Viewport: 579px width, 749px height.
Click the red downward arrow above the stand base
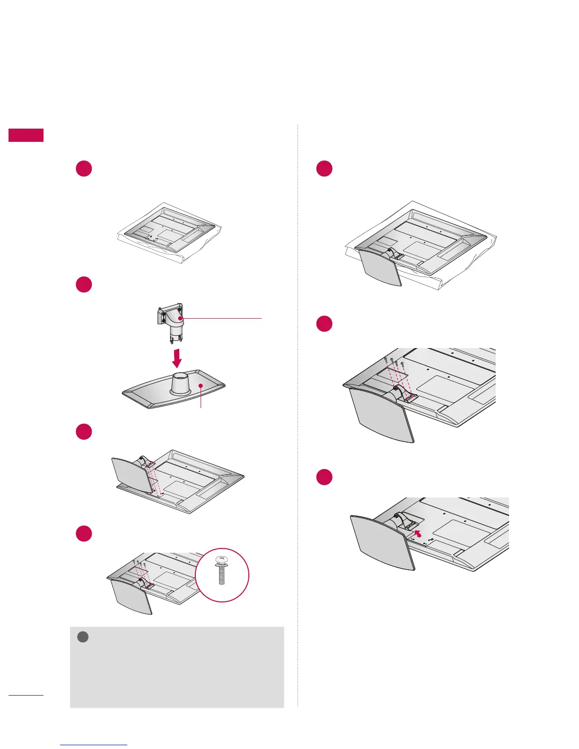pyautogui.click(x=176, y=358)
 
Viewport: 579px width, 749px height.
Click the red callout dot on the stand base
pyautogui.click(x=201, y=386)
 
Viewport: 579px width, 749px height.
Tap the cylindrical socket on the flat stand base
pyautogui.click(x=180, y=383)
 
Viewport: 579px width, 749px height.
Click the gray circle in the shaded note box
pyautogui.click(x=83, y=637)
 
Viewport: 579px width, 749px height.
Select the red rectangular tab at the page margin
pyautogui.click(x=26, y=135)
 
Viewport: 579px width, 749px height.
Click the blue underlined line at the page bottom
pyautogui.click(x=94, y=745)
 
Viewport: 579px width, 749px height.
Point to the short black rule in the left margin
pyautogui.click(x=26, y=695)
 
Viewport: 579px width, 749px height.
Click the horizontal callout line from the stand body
pyautogui.click(x=222, y=318)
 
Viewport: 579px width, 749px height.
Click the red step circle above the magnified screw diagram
pyautogui.click(x=84, y=533)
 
